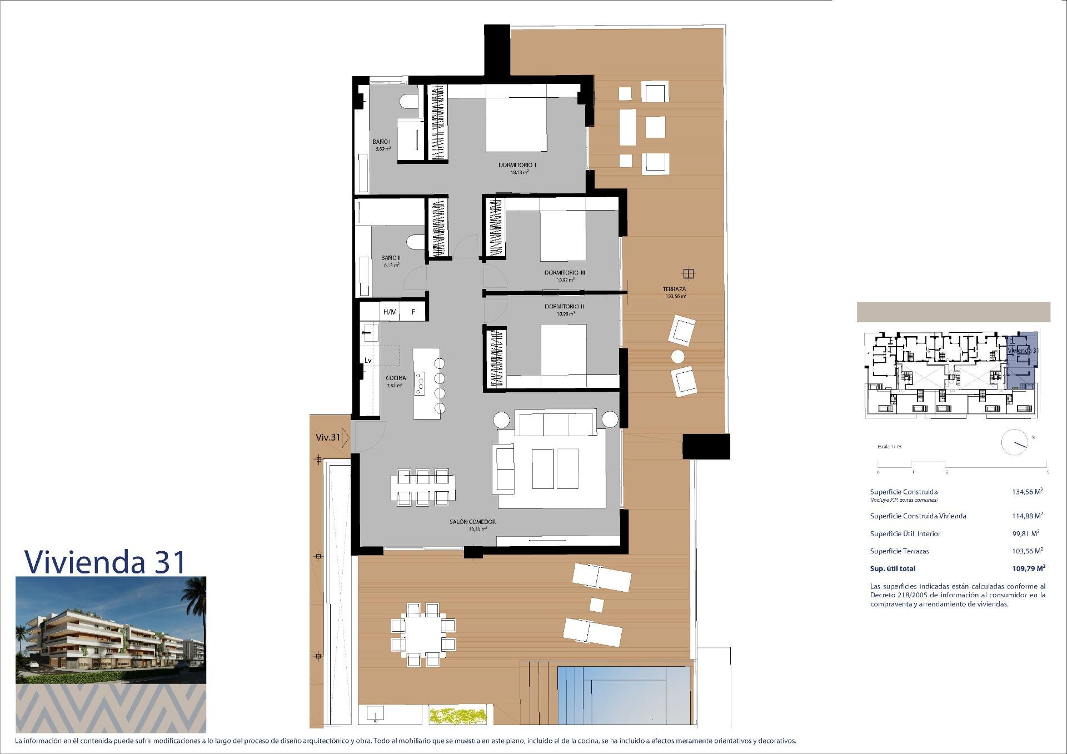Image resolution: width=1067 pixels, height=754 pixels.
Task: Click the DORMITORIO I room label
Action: click(517, 165)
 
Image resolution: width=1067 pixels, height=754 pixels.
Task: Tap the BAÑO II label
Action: click(391, 258)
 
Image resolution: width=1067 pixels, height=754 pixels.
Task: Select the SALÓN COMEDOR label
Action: click(472, 522)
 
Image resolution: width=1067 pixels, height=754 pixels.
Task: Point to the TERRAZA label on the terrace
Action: click(674, 289)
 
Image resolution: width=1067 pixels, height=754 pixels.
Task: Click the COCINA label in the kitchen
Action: click(396, 378)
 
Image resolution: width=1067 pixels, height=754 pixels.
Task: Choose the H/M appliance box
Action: click(390, 312)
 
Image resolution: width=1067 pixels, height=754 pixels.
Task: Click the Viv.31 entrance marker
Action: click(328, 437)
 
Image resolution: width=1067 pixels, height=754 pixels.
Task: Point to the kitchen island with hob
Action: click(426, 383)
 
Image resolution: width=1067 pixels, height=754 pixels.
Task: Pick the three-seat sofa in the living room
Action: click(556, 423)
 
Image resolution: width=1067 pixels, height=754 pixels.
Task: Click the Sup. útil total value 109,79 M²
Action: click(1028, 568)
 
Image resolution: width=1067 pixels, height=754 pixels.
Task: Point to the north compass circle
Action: click(1014, 443)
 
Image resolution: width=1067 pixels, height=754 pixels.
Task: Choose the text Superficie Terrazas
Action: click(899, 551)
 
